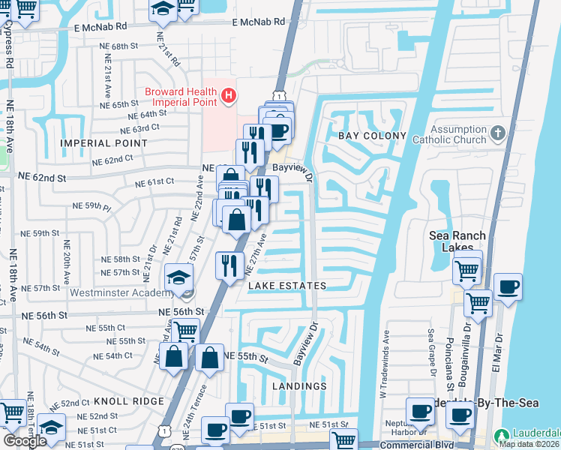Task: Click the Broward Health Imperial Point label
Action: point(182,97)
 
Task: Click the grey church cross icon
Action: point(497,134)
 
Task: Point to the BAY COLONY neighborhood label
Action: point(372,136)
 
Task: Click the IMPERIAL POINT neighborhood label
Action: point(104,142)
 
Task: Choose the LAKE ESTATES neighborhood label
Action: point(287,286)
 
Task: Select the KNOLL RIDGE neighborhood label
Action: point(128,401)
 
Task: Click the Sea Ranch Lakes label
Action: point(457,241)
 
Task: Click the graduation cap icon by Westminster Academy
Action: point(179,279)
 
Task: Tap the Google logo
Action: point(24,440)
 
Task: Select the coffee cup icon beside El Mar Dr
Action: point(508,287)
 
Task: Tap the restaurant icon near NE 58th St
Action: point(229,265)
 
